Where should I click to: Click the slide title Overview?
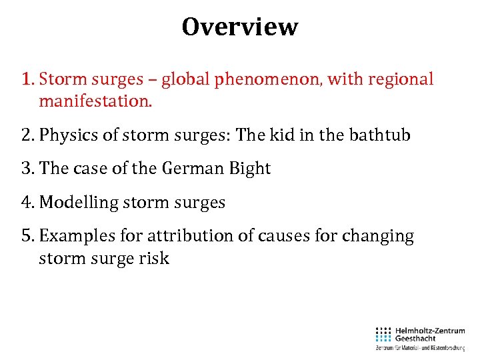[x=240, y=27]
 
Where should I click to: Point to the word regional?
[x=399, y=79]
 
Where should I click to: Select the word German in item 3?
[x=185, y=169]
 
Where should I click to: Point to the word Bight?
[x=249, y=169]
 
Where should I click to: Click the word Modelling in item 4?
[x=78, y=203]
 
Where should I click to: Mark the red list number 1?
[x=26, y=79]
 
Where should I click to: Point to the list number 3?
[x=27, y=169]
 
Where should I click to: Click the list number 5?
[x=27, y=236]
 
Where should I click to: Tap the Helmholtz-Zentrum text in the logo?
[x=429, y=330]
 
